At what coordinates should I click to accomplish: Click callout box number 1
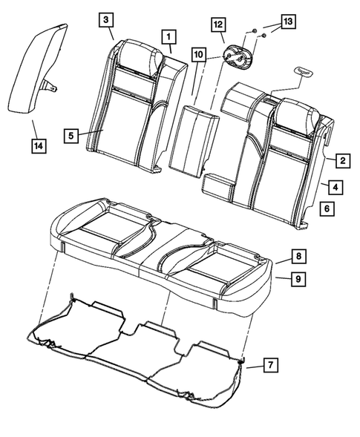(170, 36)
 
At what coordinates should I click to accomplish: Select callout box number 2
(342, 160)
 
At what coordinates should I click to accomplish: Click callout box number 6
(326, 210)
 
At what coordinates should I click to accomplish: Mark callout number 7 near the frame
(271, 364)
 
